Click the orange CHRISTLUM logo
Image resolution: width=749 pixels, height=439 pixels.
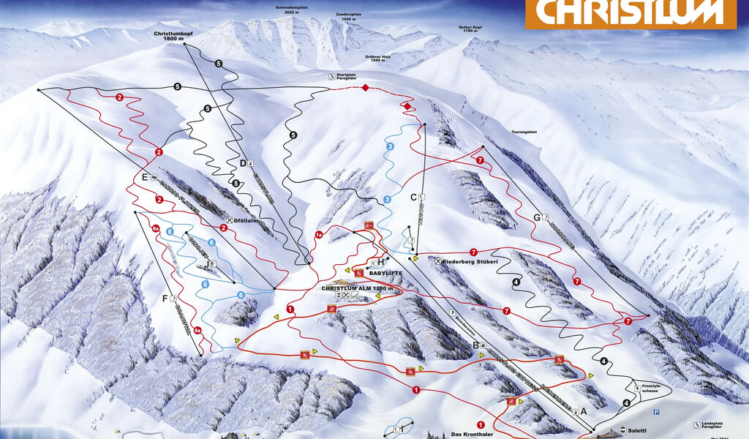[x=630, y=13]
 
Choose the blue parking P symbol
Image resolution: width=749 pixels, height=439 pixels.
[x=656, y=413]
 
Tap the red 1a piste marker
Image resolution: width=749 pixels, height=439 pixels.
[x=319, y=234]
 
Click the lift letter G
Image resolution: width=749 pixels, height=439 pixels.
[x=537, y=217]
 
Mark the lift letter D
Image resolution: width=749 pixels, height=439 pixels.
[x=243, y=162]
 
